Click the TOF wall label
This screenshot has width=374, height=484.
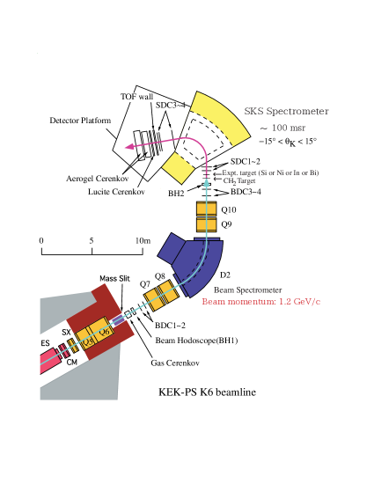tap(136, 97)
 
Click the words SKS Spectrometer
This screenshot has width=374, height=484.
tap(286, 112)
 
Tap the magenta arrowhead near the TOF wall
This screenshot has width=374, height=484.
tap(130, 148)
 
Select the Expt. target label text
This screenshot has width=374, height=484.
tap(269, 173)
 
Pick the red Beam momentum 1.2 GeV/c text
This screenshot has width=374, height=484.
tap(260, 302)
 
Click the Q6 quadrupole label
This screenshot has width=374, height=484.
tap(105, 333)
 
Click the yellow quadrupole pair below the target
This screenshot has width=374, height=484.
tap(206, 216)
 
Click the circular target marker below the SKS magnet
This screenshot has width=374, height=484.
tap(207, 177)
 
